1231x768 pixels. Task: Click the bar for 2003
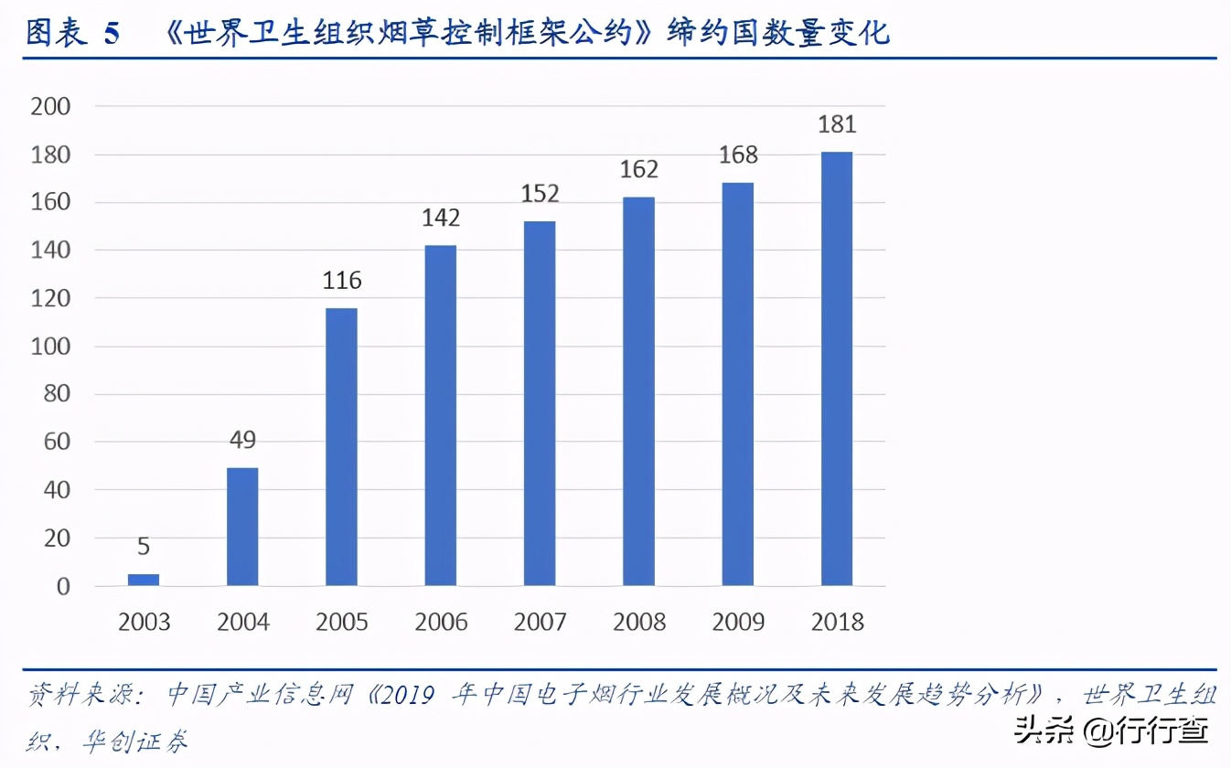click(144, 580)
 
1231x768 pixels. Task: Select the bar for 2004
click(242, 527)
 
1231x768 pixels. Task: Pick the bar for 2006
click(441, 415)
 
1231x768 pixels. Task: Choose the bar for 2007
click(540, 403)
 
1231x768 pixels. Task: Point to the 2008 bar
click(638, 391)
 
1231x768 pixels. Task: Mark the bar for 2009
click(738, 384)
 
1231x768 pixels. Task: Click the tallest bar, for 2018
click(837, 368)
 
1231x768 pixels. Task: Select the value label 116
click(341, 281)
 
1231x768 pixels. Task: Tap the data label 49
click(242, 441)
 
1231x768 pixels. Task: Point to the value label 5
click(144, 548)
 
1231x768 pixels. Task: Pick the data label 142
click(441, 219)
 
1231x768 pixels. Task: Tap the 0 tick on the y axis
click(62, 587)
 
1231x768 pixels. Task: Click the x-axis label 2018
click(837, 624)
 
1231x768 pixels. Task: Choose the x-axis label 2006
click(441, 624)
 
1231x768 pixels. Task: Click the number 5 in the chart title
click(112, 34)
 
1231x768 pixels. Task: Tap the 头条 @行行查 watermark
click(1120, 730)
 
